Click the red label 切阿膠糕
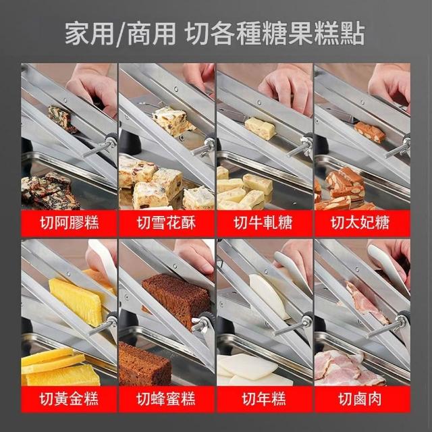[x=69, y=223]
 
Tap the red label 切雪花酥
[x=167, y=223]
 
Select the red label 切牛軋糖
[x=264, y=223]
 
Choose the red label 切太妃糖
[x=362, y=223]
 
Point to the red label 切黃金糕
[x=69, y=399]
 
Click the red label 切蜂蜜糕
[x=167, y=399]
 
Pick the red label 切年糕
[x=264, y=399]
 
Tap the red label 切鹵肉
[x=362, y=399]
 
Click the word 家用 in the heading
[x=89, y=34]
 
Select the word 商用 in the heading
[x=152, y=34]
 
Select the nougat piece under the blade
[x=260, y=128]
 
